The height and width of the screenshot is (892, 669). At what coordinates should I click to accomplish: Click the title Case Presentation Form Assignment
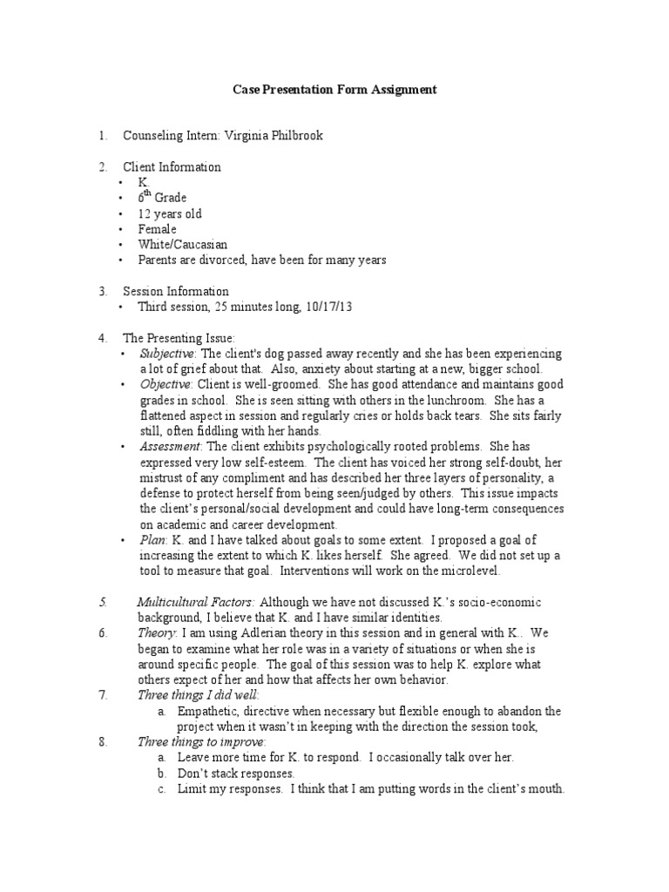tap(334, 90)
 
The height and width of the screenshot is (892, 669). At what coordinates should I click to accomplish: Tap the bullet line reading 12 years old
tap(170, 213)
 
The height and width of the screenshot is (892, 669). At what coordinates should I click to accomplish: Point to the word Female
tap(157, 229)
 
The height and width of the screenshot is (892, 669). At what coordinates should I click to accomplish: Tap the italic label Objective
tap(165, 384)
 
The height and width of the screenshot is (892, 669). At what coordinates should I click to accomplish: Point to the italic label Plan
tap(152, 540)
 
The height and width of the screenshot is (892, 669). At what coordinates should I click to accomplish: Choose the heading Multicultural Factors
tap(196, 602)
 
